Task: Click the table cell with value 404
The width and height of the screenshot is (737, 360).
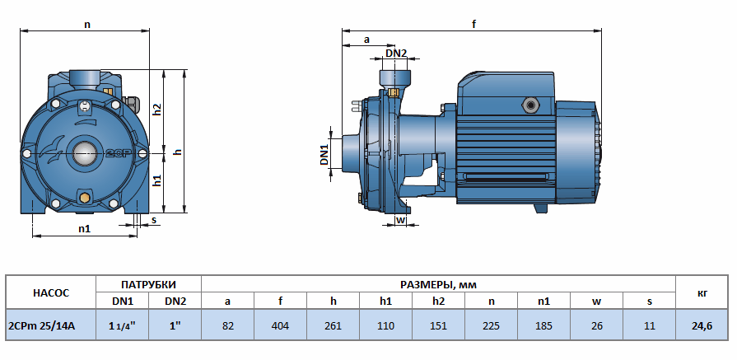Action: [x=280, y=326]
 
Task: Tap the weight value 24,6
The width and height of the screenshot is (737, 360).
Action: [x=701, y=326]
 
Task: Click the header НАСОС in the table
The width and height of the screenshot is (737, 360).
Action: [x=51, y=292]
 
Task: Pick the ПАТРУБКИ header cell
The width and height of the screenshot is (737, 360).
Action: [x=149, y=283]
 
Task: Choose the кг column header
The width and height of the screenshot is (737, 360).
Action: [x=701, y=292]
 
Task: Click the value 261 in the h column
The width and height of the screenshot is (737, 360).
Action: [x=333, y=326]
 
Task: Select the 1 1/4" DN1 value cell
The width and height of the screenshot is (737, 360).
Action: [x=123, y=326]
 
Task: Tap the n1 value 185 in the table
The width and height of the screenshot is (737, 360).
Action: [x=543, y=326]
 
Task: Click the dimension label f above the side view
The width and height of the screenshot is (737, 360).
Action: [x=473, y=24]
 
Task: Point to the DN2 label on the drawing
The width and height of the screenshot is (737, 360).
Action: [x=396, y=54]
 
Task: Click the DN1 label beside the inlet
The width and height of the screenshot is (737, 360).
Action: [x=324, y=154]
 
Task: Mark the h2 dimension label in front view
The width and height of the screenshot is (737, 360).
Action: [x=157, y=109]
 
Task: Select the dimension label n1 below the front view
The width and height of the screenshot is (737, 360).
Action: [x=84, y=228]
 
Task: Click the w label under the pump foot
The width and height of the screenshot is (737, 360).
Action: [x=401, y=220]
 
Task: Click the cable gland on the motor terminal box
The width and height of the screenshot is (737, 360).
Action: [x=528, y=105]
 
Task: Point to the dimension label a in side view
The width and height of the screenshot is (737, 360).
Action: [x=366, y=39]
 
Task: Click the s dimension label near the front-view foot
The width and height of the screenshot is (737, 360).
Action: [x=153, y=220]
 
